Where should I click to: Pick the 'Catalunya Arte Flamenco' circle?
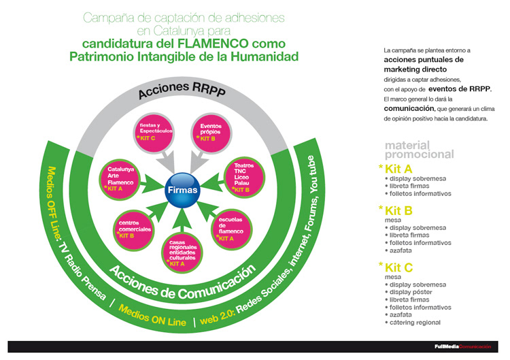tap(119, 178)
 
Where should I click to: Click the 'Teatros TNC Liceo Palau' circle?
tap(244, 178)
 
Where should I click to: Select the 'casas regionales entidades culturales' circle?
tap(182, 250)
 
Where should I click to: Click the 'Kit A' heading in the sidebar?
tap(397, 168)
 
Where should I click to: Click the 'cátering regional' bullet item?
tap(415, 322)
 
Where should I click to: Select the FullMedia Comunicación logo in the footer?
tap(462, 347)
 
